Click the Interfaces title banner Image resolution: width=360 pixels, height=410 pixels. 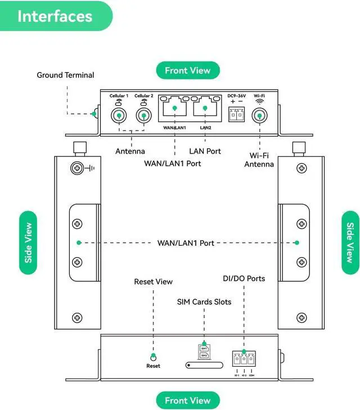coord(55,16)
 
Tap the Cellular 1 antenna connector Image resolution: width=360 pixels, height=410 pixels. coord(119,116)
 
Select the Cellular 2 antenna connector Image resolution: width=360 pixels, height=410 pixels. coord(144,116)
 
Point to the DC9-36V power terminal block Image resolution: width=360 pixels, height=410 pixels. coord(236,114)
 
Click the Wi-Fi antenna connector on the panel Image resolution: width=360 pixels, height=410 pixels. coord(259,116)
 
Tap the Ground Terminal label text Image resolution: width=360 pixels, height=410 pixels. coord(65,75)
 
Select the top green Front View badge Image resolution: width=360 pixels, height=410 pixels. coord(187,71)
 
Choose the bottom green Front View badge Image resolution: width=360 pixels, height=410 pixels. coord(187,400)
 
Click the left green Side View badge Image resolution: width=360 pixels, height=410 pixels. coord(28,242)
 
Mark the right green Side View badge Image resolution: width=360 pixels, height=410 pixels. coord(350,242)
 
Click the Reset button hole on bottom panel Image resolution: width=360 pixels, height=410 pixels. coord(153,357)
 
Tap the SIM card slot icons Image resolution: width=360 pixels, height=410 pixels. coord(204,352)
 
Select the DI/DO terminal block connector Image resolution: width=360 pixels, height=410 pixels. coord(244,358)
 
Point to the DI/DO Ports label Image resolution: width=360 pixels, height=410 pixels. coord(244,278)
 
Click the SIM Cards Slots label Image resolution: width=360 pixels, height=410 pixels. coord(204,302)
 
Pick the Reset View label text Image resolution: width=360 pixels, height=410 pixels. coord(153,281)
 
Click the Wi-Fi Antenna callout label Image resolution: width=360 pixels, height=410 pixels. coord(259,160)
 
